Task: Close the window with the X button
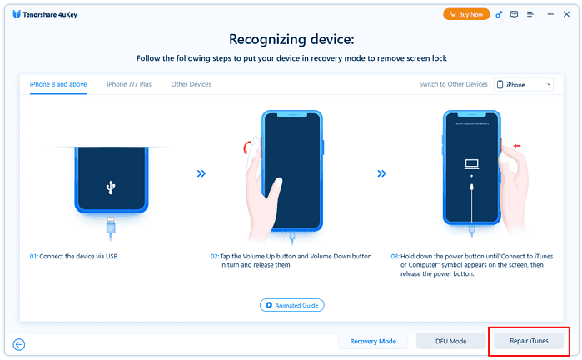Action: [565, 14]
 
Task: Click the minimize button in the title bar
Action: [550, 14]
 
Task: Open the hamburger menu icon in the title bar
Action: [530, 14]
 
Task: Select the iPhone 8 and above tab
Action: [57, 84]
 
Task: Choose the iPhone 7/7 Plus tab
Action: [129, 84]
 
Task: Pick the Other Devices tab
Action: [191, 84]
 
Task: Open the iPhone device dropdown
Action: [525, 84]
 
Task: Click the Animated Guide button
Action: [291, 305]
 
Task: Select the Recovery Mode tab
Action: [372, 341]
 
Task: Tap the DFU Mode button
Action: [450, 341]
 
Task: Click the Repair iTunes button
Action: [529, 341]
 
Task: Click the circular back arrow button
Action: [19, 343]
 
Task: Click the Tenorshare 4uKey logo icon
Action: [17, 14]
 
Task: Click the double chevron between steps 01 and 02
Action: [201, 173]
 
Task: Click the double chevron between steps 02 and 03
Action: [381, 173]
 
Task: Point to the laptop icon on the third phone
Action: [472, 165]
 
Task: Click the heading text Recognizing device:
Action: [291, 39]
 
